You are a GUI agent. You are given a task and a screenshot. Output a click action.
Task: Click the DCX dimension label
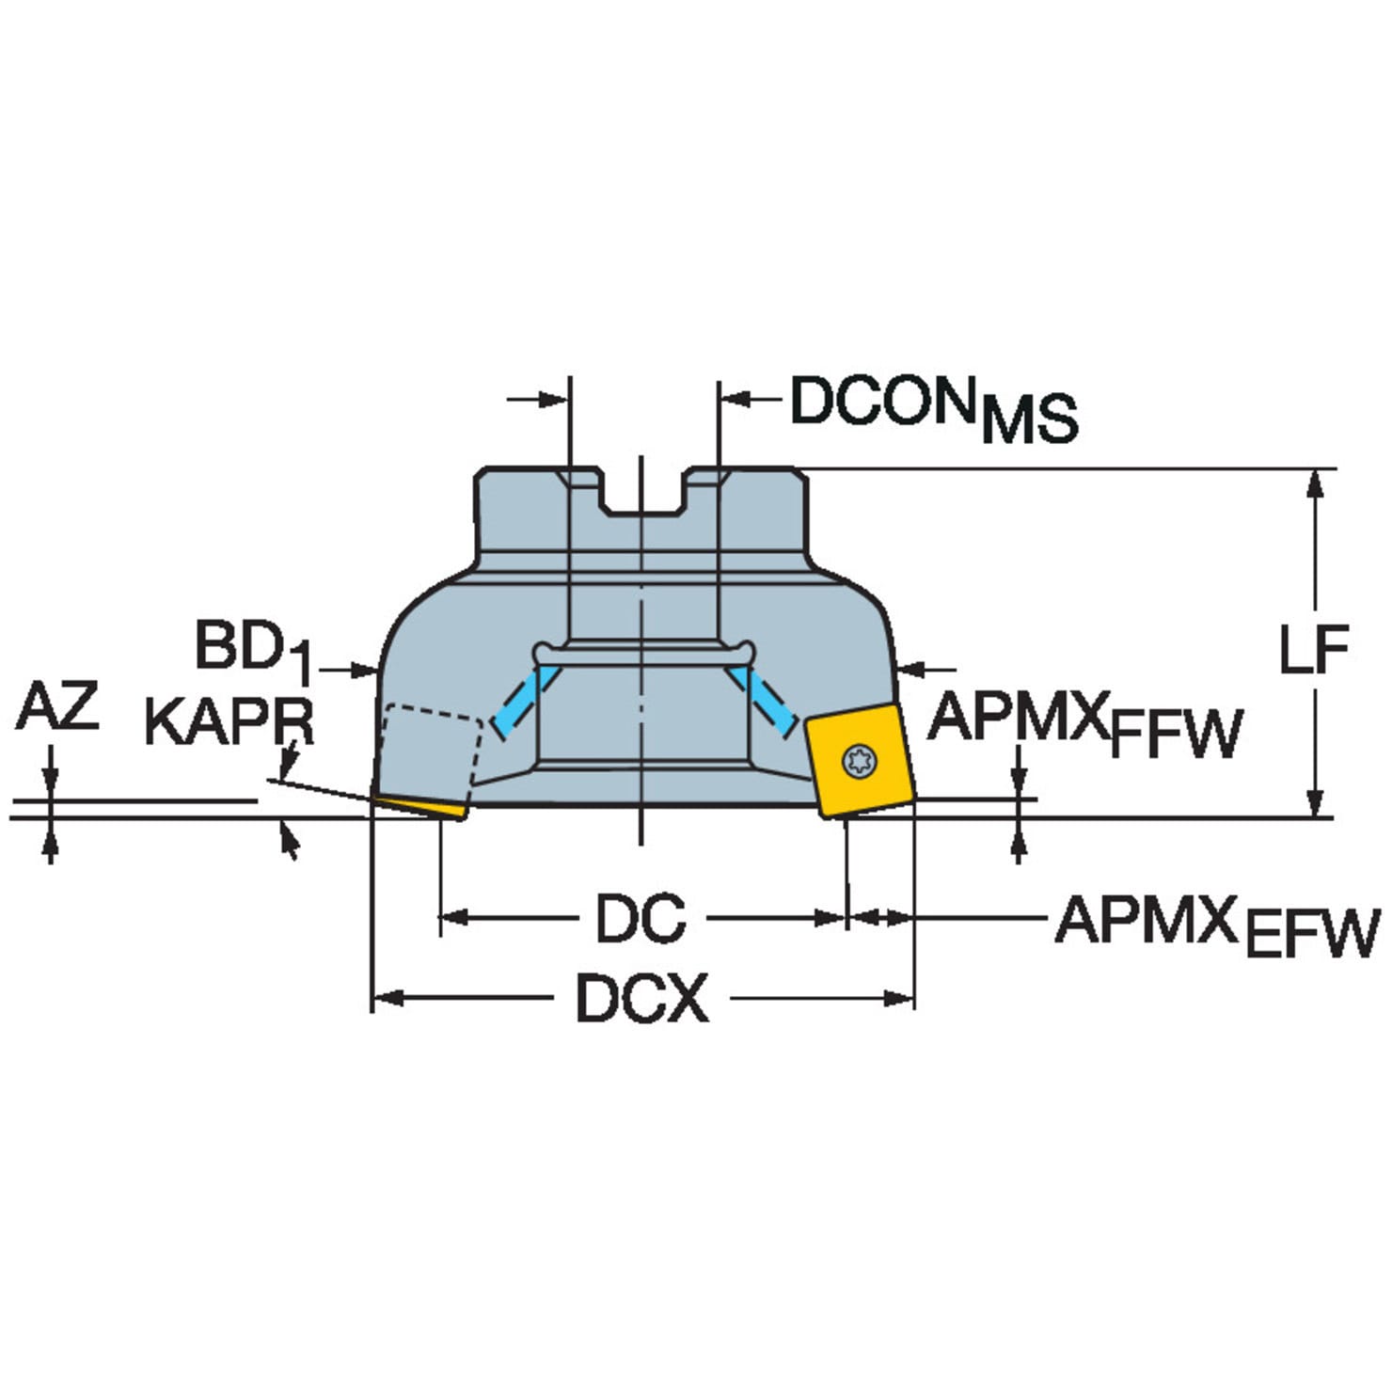[x=641, y=999]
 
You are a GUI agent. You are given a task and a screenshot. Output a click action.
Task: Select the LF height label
[x=1314, y=648]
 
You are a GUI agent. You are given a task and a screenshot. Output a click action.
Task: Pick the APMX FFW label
[x=1084, y=725]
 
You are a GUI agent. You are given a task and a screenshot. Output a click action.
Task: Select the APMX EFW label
[x=1216, y=926]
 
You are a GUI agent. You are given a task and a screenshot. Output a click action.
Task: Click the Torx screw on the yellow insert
[x=859, y=761]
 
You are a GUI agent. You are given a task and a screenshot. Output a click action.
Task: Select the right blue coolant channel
[x=764, y=699]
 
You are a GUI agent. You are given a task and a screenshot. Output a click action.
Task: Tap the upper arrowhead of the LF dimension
[x=1316, y=483]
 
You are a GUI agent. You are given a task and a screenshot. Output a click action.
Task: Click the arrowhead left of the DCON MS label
[x=555, y=400]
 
